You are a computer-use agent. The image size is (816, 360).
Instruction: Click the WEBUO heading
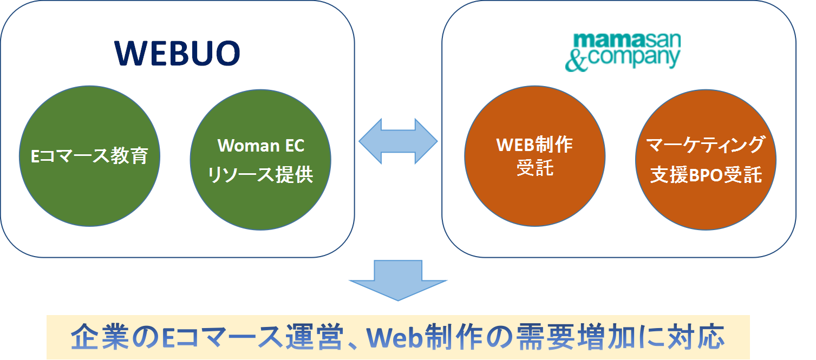(x=177, y=53)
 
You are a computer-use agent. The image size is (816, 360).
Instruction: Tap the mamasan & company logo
(x=622, y=52)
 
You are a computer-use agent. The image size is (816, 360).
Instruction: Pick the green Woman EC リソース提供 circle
(x=260, y=160)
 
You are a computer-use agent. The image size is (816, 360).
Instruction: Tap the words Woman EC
(x=261, y=146)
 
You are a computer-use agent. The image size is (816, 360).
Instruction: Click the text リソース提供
(x=261, y=175)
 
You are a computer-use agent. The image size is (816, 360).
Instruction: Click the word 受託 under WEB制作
(x=535, y=168)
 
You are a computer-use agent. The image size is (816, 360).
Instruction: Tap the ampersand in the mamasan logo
(x=576, y=60)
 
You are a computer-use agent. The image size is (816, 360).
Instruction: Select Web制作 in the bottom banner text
(x=425, y=337)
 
